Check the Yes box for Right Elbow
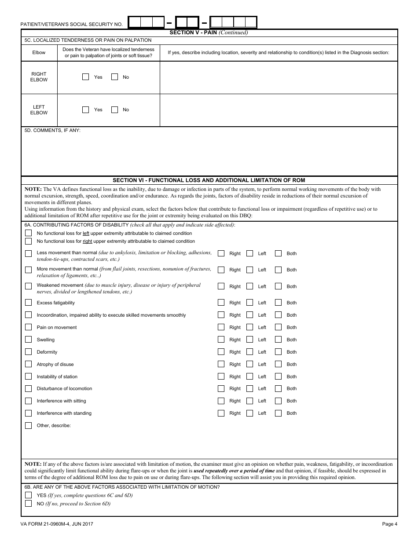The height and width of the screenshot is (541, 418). click(86, 77)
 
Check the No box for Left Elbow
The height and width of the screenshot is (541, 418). click(114, 110)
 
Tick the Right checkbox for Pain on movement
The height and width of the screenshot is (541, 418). click(221, 327)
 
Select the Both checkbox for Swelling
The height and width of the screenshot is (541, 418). click(278, 340)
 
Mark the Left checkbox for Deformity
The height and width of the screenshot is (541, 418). click(249, 352)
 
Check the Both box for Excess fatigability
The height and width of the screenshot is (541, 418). click(278, 303)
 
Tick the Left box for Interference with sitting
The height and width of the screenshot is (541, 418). click(249, 401)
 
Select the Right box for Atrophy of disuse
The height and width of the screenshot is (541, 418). click(221, 364)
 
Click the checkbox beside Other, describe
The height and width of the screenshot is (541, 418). click(29, 425)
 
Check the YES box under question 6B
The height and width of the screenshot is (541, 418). click(29, 495)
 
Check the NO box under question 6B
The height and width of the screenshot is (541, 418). click(29, 504)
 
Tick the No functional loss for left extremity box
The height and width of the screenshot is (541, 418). click(29, 233)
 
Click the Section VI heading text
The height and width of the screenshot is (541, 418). click(209, 180)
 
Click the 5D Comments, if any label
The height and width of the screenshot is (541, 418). click(52, 131)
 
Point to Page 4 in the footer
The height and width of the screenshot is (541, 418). click(389, 524)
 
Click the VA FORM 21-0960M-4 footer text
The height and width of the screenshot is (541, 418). click(56, 524)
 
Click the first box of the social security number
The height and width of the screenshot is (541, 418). click(135, 22)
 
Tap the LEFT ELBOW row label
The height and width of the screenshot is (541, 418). click(39, 110)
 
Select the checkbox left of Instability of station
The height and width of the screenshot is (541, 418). click(29, 377)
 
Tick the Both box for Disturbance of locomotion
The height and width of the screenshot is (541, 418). click(278, 388)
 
